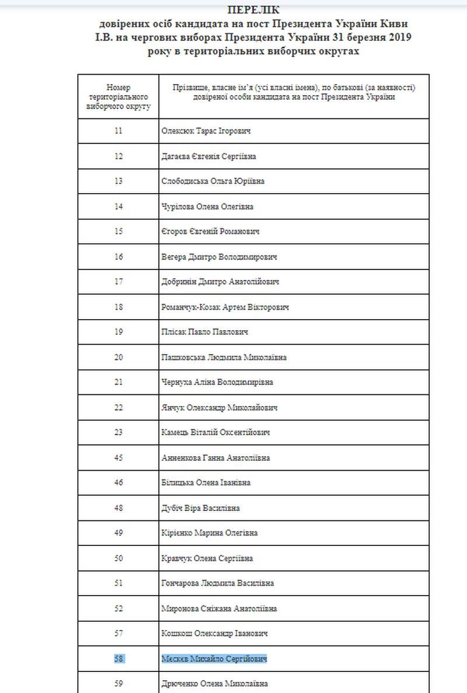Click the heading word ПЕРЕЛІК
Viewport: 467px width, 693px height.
pos(253,10)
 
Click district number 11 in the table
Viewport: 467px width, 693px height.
pos(119,131)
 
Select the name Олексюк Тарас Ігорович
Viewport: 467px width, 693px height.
pos(202,131)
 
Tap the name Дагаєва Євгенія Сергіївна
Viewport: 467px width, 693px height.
pos(208,156)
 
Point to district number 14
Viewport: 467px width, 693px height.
pos(119,206)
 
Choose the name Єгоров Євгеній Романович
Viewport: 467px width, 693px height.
pos(210,232)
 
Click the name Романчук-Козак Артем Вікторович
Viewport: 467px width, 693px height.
pos(225,307)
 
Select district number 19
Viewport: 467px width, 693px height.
pos(119,332)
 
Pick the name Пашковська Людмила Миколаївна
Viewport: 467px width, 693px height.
pos(224,357)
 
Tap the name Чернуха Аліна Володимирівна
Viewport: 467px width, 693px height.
pos(217,382)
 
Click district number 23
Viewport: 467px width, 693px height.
pos(119,432)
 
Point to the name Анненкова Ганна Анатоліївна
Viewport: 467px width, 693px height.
pos(215,458)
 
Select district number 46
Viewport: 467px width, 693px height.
pos(119,483)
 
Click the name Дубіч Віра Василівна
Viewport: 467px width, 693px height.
pos(200,508)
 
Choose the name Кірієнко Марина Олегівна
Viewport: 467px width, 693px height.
pos(210,533)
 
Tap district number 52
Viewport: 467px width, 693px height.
pos(119,608)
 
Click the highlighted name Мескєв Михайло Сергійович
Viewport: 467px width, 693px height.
pos(214,659)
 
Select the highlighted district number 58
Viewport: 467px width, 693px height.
pos(119,659)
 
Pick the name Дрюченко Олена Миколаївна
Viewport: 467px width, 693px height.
pos(214,684)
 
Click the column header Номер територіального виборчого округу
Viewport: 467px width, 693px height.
pos(119,97)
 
